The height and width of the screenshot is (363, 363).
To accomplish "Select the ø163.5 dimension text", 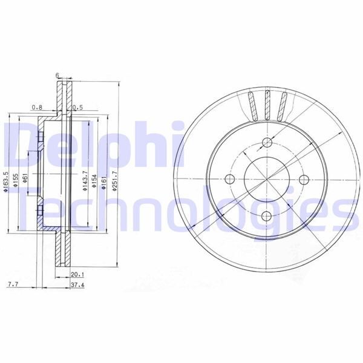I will coord(5,181).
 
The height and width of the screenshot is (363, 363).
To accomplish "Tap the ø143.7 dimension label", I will coord(85,181).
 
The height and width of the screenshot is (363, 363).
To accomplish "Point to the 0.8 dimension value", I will coord(38,108).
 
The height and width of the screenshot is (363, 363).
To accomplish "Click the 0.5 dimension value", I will coord(77,108).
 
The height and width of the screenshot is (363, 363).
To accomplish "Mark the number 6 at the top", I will coord(57,75).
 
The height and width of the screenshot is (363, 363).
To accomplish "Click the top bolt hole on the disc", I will coord(266,143).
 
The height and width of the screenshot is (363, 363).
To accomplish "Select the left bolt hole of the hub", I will coord(229,180).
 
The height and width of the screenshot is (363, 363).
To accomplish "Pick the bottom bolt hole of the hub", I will coord(266,216).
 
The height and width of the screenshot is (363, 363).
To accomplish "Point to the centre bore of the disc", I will coord(266,180).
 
